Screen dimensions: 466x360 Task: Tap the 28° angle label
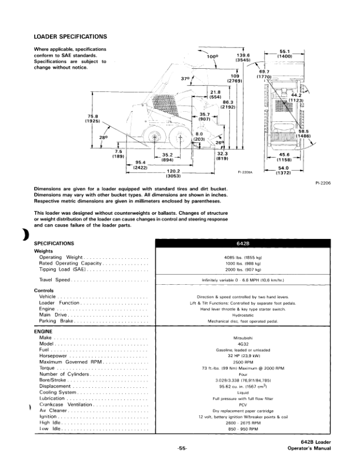tap(104, 137)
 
